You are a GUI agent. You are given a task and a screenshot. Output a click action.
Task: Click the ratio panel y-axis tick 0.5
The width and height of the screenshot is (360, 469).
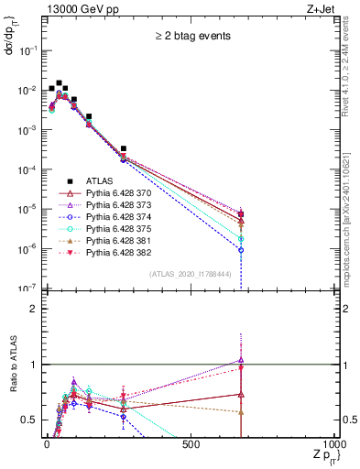click(29, 420)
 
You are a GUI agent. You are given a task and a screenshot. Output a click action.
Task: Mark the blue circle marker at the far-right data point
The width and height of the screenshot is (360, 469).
click(241, 249)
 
